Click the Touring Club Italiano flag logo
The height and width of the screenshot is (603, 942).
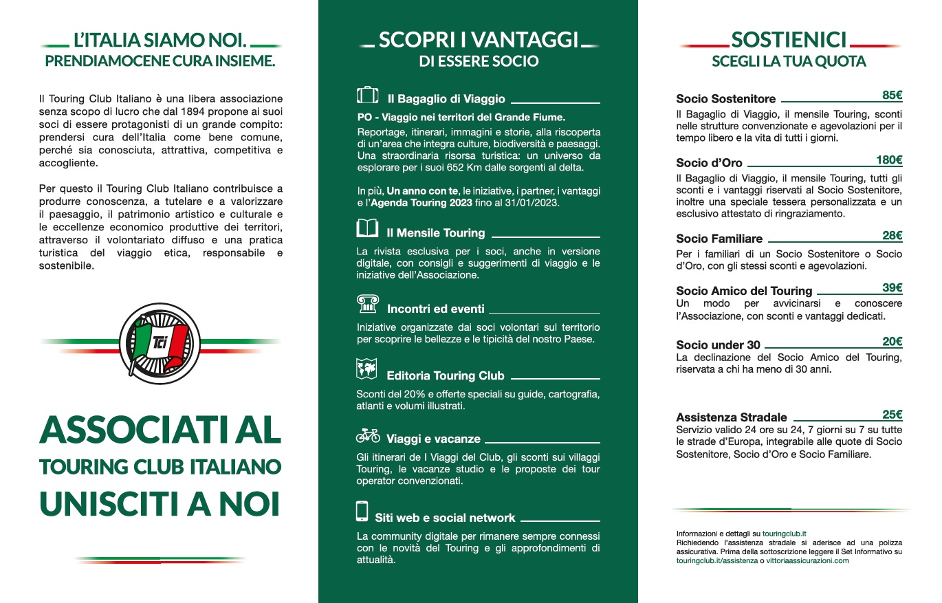(160, 342)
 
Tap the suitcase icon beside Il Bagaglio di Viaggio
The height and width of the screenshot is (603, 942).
(368, 96)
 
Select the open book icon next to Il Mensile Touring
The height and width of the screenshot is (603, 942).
(368, 229)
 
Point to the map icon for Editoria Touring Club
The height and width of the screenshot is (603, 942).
(367, 370)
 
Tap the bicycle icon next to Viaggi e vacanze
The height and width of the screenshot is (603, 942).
(368, 435)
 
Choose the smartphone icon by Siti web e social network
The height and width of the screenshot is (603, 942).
(362, 512)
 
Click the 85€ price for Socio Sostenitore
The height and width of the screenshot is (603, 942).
(892, 96)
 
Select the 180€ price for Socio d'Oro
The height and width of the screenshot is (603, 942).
(889, 160)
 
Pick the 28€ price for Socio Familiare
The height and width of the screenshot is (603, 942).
(892, 236)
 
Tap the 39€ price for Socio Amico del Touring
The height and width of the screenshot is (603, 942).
(892, 288)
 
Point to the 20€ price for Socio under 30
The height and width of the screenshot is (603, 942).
(892, 342)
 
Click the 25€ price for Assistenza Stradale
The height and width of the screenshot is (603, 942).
(892, 415)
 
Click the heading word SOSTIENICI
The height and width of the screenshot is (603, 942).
(789, 40)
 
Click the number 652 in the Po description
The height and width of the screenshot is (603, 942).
(461, 167)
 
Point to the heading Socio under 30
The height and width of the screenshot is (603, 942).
(718, 344)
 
